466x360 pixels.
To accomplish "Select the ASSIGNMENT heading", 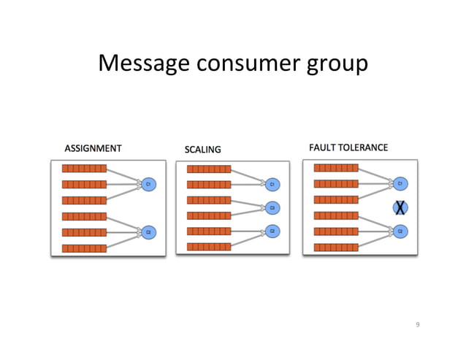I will (93, 148).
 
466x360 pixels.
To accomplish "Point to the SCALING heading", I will (202, 150).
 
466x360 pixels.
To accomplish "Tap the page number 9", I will (418, 324).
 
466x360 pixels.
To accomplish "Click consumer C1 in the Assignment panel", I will (148, 185).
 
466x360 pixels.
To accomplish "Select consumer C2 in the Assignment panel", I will (148, 231).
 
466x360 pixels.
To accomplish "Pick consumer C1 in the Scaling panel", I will (272, 185).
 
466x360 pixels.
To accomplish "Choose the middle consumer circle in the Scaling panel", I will (272, 207).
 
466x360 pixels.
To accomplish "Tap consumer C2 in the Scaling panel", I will (272, 231).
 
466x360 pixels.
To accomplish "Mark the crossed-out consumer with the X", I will (400, 207).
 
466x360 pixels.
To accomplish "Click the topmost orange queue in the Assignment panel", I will (84, 168).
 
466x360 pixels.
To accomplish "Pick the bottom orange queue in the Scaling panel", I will (209, 247).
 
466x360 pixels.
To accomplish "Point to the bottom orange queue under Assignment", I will (84, 248).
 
